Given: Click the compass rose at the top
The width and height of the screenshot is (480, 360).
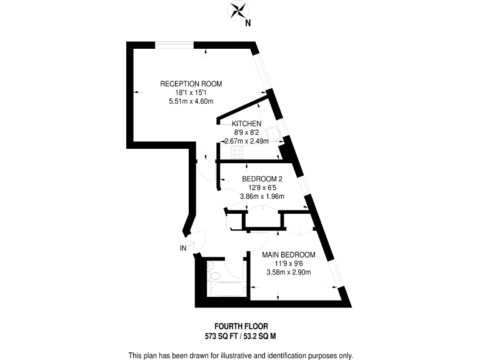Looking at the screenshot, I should pos(238,11).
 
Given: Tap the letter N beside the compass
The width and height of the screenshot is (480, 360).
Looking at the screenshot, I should pos(248,24).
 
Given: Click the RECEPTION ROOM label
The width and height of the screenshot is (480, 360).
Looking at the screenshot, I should pos(191,84).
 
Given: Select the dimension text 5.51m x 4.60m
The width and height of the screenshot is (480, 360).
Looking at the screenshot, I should pos(191,102).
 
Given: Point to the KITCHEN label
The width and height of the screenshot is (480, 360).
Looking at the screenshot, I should pos(246,124).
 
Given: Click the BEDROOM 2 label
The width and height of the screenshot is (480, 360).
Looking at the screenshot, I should pos(262,179).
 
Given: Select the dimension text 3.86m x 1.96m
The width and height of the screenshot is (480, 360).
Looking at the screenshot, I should pos(262,197).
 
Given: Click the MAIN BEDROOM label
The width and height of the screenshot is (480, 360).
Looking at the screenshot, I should pos(288,255).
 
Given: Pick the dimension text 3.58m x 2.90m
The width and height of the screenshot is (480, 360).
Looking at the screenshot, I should pos(288,272).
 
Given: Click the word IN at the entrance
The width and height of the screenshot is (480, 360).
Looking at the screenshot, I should pos(183,248).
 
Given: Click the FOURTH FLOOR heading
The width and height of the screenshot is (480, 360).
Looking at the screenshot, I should pos(240,326).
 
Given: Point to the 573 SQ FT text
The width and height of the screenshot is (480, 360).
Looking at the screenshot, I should pos(220,336).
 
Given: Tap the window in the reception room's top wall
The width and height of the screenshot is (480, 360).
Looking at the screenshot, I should pos(174,44).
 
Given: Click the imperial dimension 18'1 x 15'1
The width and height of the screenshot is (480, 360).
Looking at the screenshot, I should pos(191,92).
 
